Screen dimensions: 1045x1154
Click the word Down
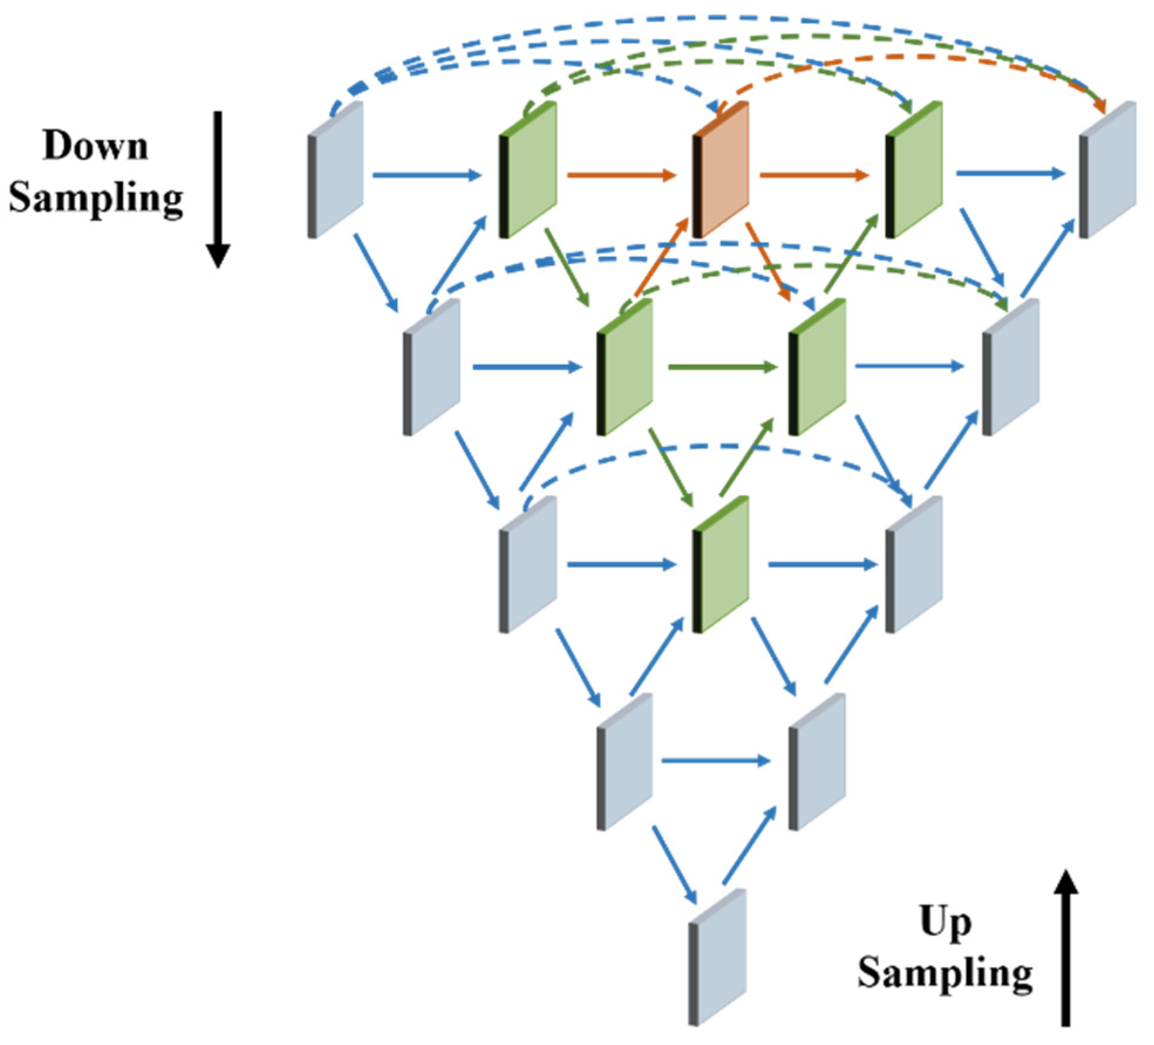[x=95, y=145]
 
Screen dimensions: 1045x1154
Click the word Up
[x=945, y=923]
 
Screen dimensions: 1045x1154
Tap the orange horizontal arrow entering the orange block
[x=621, y=175]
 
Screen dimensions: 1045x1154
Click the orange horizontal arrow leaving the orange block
[x=814, y=175]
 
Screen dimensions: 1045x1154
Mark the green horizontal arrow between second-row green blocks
[x=723, y=367]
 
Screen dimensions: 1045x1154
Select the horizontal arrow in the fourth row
[x=716, y=761]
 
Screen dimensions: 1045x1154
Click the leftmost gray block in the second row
[x=432, y=368]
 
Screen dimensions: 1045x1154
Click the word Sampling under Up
[x=945, y=974]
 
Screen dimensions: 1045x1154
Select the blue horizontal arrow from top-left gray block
[x=426, y=175]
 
